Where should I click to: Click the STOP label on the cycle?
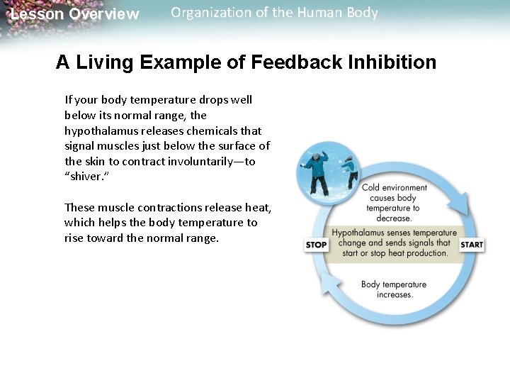click(316, 245)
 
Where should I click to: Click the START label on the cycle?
click(472, 245)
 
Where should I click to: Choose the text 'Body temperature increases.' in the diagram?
click(394, 289)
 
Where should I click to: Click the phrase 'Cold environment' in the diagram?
click(395, 188)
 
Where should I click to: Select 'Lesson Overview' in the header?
click(74, 14)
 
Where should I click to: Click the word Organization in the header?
click(207, 13)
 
